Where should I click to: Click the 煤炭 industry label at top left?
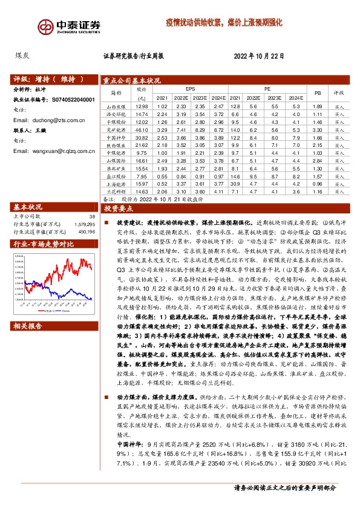[22, 55]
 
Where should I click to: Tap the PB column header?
[316, 92]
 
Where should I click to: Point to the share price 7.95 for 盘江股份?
[142, 176]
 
